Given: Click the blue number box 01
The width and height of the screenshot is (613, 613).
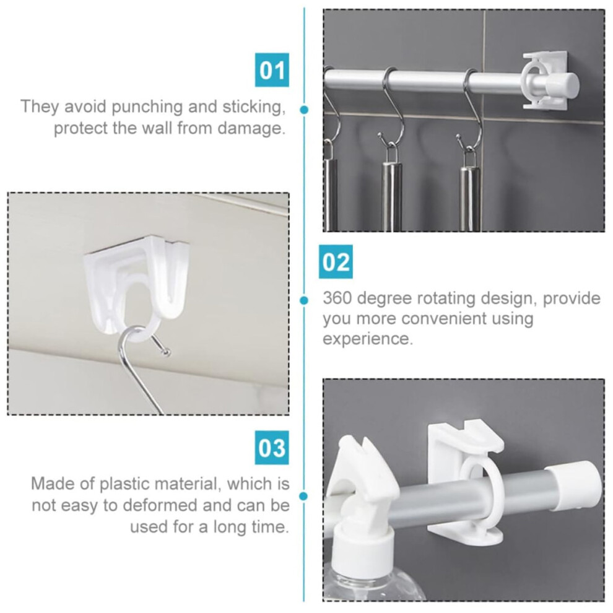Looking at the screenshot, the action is coord(272,69).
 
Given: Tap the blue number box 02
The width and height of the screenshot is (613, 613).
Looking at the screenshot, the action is coord(336,261).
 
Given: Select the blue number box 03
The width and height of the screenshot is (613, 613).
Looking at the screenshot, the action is coord(272,447).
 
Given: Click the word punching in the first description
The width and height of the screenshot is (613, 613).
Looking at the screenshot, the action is coord(147,107).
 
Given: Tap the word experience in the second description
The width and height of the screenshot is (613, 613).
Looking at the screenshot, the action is coord(367,339).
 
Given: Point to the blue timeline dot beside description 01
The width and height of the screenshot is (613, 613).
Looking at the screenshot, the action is coord(304,110).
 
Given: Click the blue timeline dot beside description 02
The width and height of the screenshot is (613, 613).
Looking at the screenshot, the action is coord(304,300).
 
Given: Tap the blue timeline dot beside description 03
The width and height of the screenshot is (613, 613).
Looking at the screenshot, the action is coord(303,496).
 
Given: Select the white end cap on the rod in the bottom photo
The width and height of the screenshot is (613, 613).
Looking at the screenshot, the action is coord(573,485).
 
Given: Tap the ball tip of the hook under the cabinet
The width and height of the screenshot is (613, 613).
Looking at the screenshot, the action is coord(167,353).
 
